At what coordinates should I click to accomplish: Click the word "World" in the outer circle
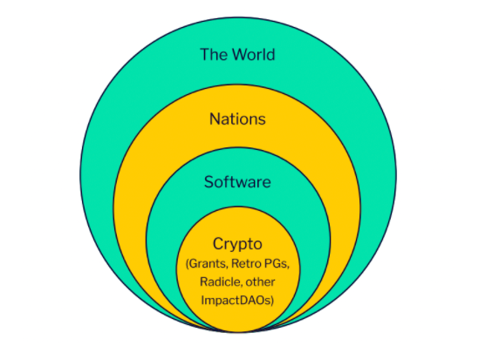[254, 55]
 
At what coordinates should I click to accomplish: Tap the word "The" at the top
[214, 55]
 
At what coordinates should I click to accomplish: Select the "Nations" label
[237, 119]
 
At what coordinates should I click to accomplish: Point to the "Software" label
[237, 182]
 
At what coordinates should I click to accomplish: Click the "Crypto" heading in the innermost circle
[237, 244]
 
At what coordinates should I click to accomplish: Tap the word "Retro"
[245, 263]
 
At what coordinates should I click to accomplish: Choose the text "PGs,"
[276, 263]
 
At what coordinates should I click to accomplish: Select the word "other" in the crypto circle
[260, 282]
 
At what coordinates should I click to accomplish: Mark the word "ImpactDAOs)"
[237, 300]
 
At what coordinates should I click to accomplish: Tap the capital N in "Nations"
[215, 119]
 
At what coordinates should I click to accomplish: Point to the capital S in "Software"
[209, 182]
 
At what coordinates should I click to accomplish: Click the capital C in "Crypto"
[218, 243]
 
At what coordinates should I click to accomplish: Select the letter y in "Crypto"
[234, 247]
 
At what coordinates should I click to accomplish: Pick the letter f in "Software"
[226, 181]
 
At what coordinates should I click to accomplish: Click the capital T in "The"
[205, 55]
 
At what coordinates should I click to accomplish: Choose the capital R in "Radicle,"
[204, 282]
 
